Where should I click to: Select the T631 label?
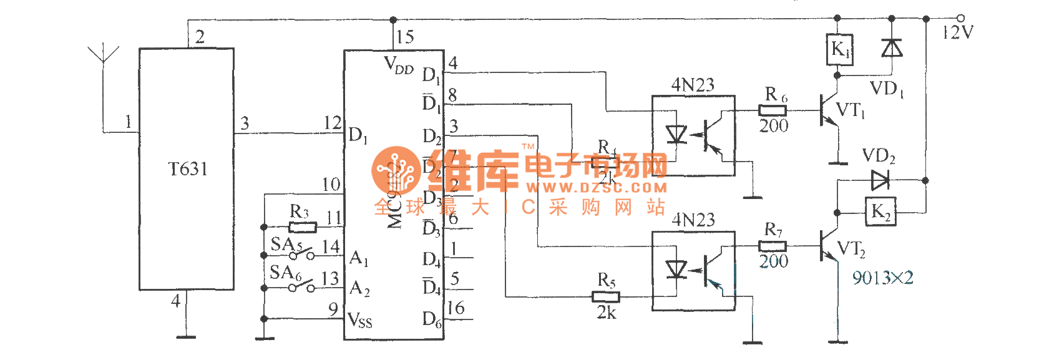pyautogui.click(x=188, y=169)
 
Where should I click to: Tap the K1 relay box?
pyautogui.click(x=839, y=49)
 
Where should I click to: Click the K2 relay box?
pyautogui.click(x=880, y=212)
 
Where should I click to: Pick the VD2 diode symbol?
pyautogui.click(x=880, y=180)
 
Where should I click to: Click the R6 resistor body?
pyautogui.click(x=773, y=110)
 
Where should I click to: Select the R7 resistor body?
pyautogui.click(x=773, y=246)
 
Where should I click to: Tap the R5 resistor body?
pyautogui.click(x=605, y=297)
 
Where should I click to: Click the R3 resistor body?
pyautogui.click(x=303, y=227)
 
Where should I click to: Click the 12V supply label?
pyautogui.click(x=957, y=32)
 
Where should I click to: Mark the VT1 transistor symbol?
pyautogui.click(x=829, y=111)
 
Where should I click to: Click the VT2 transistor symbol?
pyautogui.click(x=829, y=246)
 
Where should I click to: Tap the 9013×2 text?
pyautogui.click(x=882, y=278)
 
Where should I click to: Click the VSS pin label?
pyautogui.click(x=360, y=321)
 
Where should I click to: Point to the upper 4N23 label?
pyautogui.click(x=693, y=85)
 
